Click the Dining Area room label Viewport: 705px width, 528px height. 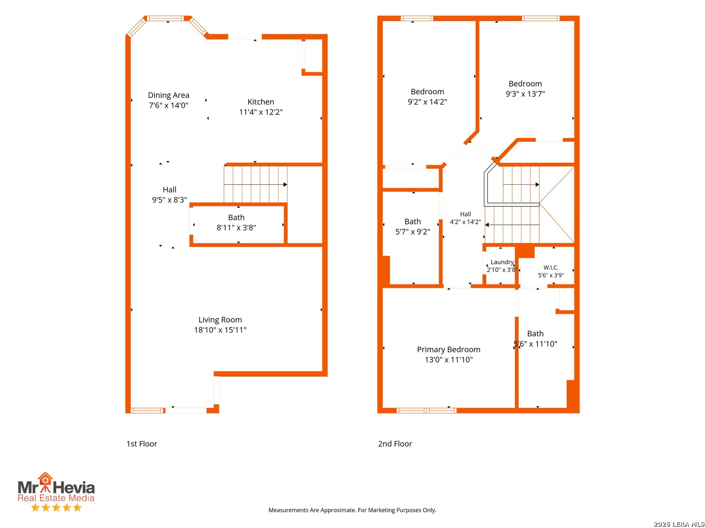tap(168, 95)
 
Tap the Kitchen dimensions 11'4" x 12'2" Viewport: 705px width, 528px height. tap(261, 112)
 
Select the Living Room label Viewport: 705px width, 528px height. tap(220, 320)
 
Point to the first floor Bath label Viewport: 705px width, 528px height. tap(236, 218)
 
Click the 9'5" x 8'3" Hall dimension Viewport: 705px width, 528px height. tap(169, 200)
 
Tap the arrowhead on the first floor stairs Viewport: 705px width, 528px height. tap(285, 184)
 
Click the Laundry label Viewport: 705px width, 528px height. tap(502, 262)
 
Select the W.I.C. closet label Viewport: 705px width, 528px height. tap(551, 267)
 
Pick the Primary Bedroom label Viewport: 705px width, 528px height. tap(448, 350)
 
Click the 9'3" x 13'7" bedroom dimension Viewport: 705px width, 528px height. tap(525, 93)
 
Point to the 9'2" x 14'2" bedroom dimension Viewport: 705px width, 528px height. tap(427, 102)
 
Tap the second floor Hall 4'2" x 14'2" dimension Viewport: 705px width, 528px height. tap(466, 222)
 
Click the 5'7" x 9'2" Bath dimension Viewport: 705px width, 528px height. tap(412, 231)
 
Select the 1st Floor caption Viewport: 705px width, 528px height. tap(141, 444)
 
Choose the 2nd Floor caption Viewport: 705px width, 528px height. tap(395, 444)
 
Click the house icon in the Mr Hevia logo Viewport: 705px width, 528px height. tap(45, 479)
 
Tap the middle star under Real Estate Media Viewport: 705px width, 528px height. tap(56, 507)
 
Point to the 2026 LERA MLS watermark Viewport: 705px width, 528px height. tap(679, 524)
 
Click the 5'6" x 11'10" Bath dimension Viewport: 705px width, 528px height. tap(536, 344)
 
